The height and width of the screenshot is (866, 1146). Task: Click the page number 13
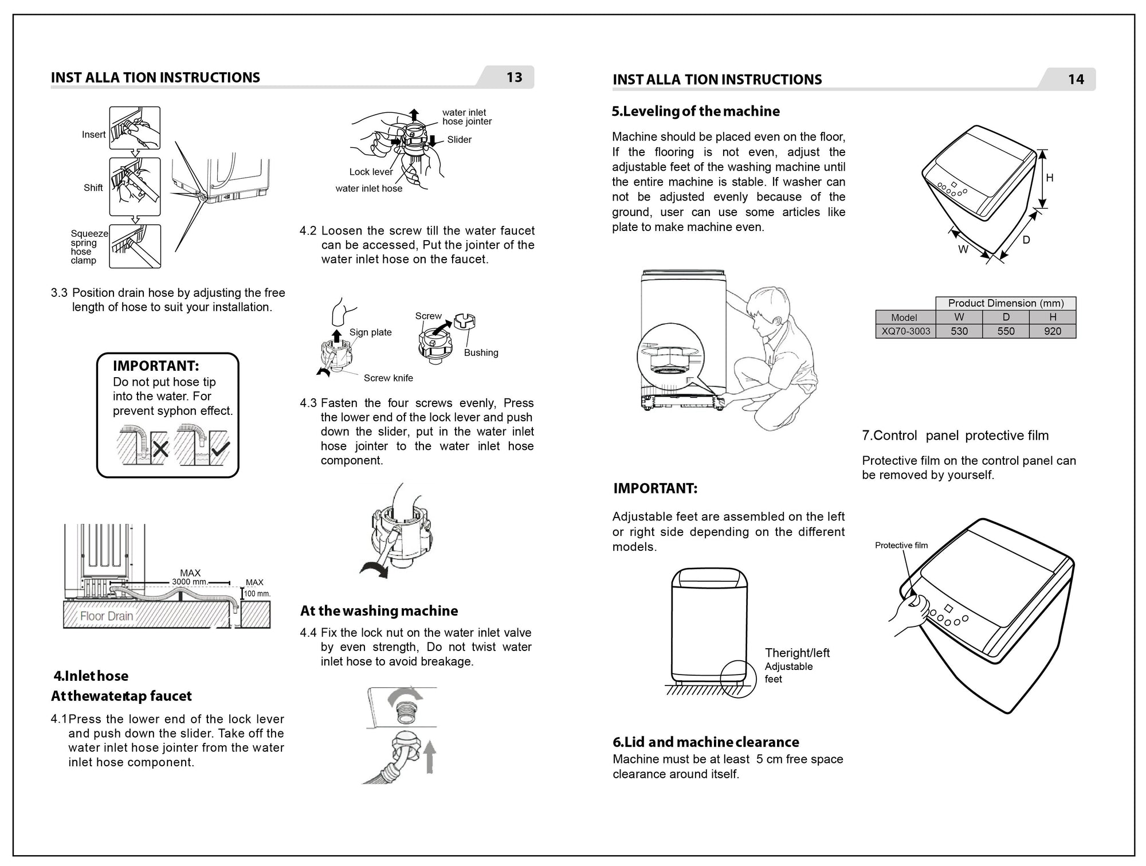[x=514, y=77]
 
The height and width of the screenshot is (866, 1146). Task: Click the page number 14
[x=1076, y=80]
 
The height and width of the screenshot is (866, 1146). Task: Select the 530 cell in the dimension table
[x=959, y=331]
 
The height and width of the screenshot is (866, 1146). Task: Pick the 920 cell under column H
[x=1052, y=331]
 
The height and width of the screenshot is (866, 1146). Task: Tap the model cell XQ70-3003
[x=905, y=331]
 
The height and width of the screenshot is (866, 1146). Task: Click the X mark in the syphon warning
[x=160, y=449]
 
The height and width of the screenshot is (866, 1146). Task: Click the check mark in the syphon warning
[x=220, y=449]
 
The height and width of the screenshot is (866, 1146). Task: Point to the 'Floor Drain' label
[x=107, y=616]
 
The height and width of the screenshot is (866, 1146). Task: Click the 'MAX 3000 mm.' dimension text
[x=190, y=577]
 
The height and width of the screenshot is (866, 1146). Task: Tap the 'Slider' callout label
[x=459, y=140]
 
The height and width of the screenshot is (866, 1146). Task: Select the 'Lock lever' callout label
[x=371, y=172]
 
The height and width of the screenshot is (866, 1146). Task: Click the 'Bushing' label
[x=481, y=353]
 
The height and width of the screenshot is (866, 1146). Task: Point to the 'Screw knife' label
[x=388, y=378]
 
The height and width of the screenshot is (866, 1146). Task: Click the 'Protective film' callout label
[x=901, y=546]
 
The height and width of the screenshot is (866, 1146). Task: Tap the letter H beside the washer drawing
[x=1049, y=178]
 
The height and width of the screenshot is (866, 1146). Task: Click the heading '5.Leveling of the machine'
[x=695, y=111]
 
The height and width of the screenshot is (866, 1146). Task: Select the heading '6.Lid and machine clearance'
[x=705, y=742]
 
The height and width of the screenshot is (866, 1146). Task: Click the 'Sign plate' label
[x=370, y=332]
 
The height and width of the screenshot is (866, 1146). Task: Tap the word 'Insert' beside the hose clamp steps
[x=93, y=135]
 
